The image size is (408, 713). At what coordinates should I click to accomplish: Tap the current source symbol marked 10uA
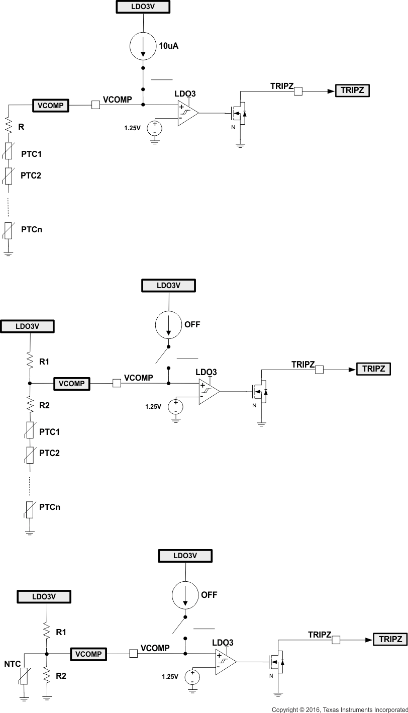tap(143, 46)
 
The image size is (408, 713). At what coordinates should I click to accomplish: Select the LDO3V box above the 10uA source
tap(143, 7)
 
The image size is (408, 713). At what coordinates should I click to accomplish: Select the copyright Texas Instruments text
tap(339, 709)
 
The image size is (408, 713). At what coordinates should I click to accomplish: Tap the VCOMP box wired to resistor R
tap(51, 105)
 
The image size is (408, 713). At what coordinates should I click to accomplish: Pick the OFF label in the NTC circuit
tap(209, 594)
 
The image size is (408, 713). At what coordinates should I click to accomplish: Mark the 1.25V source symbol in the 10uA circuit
tap(154, 128)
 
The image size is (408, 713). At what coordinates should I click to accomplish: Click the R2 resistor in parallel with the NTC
tap(47, 676)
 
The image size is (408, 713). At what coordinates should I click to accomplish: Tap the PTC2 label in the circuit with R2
tap(49, 453)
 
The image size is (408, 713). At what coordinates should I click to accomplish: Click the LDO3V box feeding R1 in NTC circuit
tap(44, 596)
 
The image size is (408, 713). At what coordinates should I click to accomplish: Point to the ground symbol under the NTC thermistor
tap(24, 698)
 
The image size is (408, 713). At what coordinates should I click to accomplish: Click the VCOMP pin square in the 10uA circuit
tap(95, 105)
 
